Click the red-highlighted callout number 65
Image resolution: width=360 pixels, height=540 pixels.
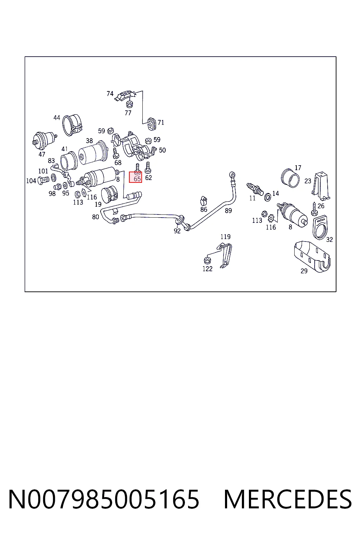[137, 179]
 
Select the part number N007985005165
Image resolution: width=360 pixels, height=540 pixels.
[104, 500]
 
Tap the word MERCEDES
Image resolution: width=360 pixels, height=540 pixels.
[288, 500]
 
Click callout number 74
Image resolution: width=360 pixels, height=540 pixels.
[110, 94]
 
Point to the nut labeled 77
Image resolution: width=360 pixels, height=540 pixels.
[130, 104]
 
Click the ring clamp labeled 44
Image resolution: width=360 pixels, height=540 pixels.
[72, 125]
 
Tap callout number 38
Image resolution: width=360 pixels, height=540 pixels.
[89, 141]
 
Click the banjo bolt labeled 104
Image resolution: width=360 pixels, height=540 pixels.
[43, 180]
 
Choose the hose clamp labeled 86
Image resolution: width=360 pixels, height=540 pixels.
[204, 200]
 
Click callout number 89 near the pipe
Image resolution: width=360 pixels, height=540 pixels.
[228, 211]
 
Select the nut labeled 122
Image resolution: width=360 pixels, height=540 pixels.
[207, 260]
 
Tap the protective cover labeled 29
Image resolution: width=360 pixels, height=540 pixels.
[312, 257]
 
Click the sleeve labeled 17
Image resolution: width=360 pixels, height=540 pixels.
[290, 178]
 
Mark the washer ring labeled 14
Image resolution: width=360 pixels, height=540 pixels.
[268, 197]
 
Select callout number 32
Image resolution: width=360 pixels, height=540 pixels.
[329, 239]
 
